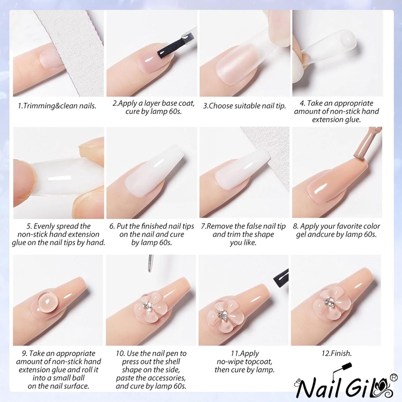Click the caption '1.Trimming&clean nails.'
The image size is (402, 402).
point(57,106)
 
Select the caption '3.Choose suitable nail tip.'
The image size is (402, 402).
point(244,106)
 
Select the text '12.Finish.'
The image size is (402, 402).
point(336,353)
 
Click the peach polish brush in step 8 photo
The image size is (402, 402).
point(362,150)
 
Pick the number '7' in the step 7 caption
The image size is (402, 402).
point(203,226)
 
